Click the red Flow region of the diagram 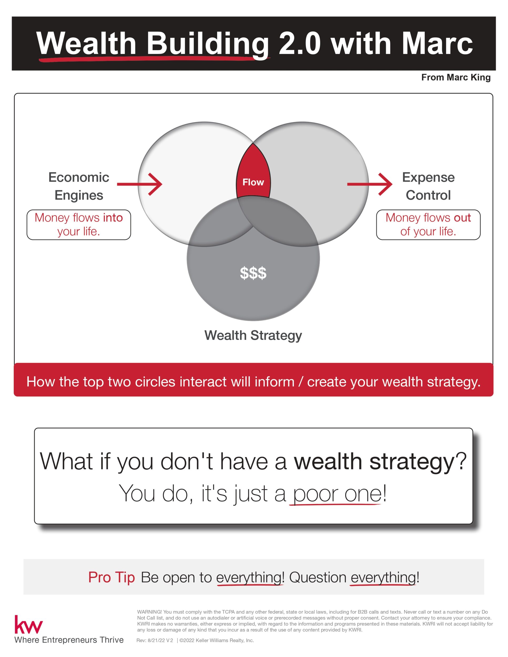click(x=253, y=174)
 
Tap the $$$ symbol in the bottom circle click(x=253, y=273)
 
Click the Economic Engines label click(x=79, y=186)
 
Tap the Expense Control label click(x=428, y=186)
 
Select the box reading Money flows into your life click(x=79, y=225)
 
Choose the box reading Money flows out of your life click(x=428, y=225)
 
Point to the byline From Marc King click(x=456, y=78)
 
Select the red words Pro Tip click(x=111, y=578)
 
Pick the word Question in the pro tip click(x=318, y=578)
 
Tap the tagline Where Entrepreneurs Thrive click(x=69, y=640)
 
